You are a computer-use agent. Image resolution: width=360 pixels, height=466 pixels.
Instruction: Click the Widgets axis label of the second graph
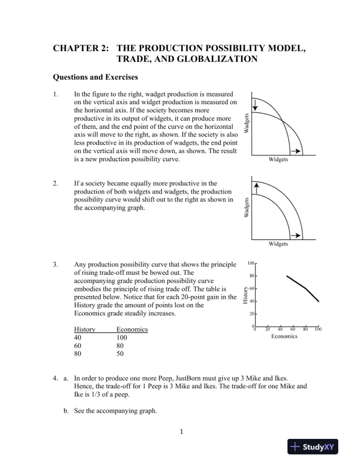[x=278, y=244]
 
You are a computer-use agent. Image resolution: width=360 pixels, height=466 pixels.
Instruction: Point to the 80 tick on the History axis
[x=251, y=276]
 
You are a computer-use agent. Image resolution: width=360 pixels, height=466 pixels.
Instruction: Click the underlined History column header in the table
[x=85, y=329]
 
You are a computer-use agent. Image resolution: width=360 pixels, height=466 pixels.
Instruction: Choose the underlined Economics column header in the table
[x=132, y=329]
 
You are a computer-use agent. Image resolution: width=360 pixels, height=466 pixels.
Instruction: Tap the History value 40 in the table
[x=78, y=338]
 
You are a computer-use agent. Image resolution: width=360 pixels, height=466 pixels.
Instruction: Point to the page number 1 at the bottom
[x=182, y=433]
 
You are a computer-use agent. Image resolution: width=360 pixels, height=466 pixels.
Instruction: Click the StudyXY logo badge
[x=316, y=447]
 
